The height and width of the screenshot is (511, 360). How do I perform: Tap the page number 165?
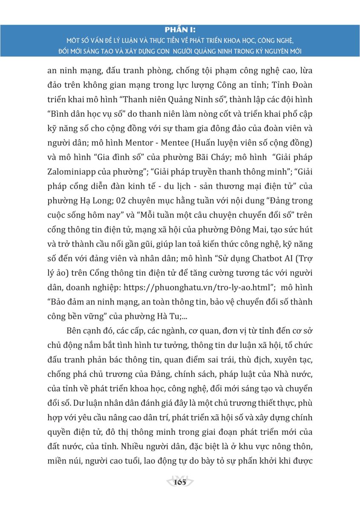tap(180, 482)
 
